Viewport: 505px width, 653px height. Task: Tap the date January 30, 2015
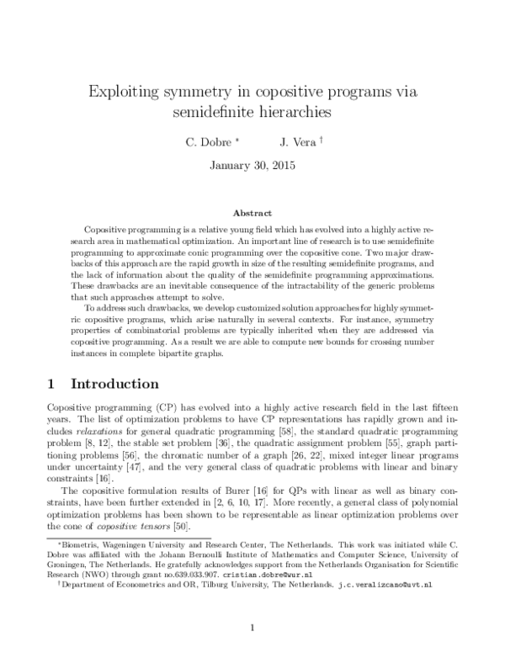coord(253,165)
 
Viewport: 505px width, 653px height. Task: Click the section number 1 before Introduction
coord(51,384)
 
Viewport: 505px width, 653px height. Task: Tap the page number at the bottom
coord(252,627)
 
